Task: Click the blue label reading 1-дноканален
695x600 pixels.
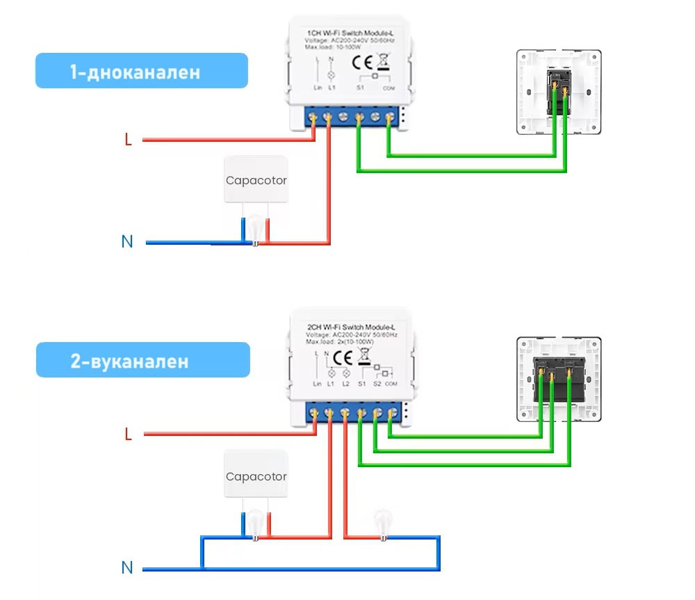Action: click(141, 71)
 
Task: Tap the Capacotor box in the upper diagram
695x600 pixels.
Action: click(256, 180)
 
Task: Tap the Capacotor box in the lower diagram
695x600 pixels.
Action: click(256, 476)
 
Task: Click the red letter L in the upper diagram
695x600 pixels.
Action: click(128, 140)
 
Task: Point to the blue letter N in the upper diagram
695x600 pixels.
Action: click(127, 242)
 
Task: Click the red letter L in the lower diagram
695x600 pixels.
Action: click(128, 435)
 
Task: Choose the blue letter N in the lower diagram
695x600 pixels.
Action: click(127, 568)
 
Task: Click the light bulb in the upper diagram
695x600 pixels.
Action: click(256, 229)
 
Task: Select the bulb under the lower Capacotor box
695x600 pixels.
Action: click(256, 524)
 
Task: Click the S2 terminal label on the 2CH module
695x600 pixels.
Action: click(377, 384)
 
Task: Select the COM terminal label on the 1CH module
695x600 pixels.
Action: click(387, 89)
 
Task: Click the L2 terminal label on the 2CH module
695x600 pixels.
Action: click(345, 384)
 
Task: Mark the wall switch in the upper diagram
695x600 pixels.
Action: click(559, 92)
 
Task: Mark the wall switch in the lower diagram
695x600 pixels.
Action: click(559, 379)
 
